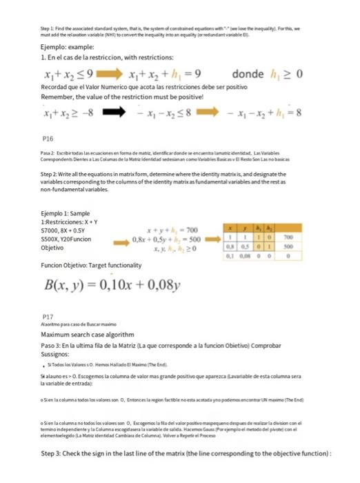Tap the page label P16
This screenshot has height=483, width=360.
[48, 138]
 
